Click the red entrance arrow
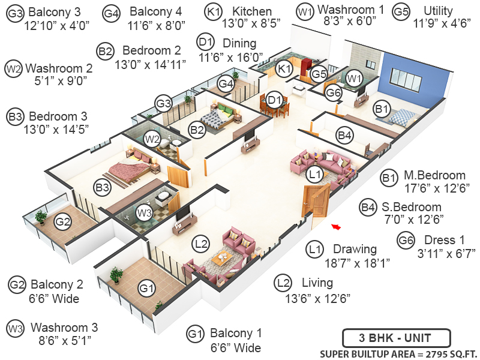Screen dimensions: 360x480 tap(337, 227)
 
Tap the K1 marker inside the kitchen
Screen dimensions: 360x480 tap(284, 70)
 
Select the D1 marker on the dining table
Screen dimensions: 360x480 tap(274, 100)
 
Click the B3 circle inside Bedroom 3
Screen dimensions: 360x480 tap(103, 187)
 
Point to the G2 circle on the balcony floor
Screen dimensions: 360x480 tap(63, 222)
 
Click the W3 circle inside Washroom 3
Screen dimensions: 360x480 tap(144, 212)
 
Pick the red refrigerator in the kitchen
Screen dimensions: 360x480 tap(306, 64)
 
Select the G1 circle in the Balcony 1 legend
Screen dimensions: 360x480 tap(194, 334)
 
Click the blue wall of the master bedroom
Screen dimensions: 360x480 tap(414, 78)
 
